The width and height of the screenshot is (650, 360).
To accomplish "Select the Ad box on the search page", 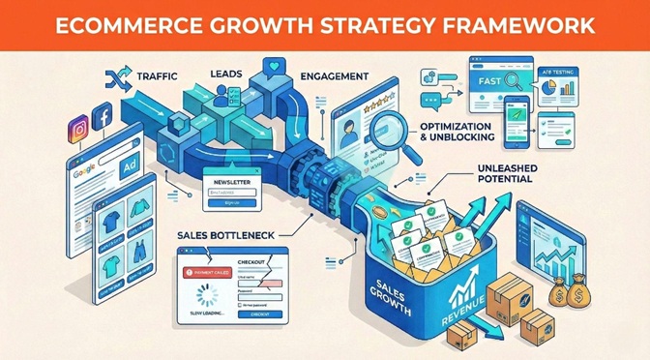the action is (128, 166).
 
